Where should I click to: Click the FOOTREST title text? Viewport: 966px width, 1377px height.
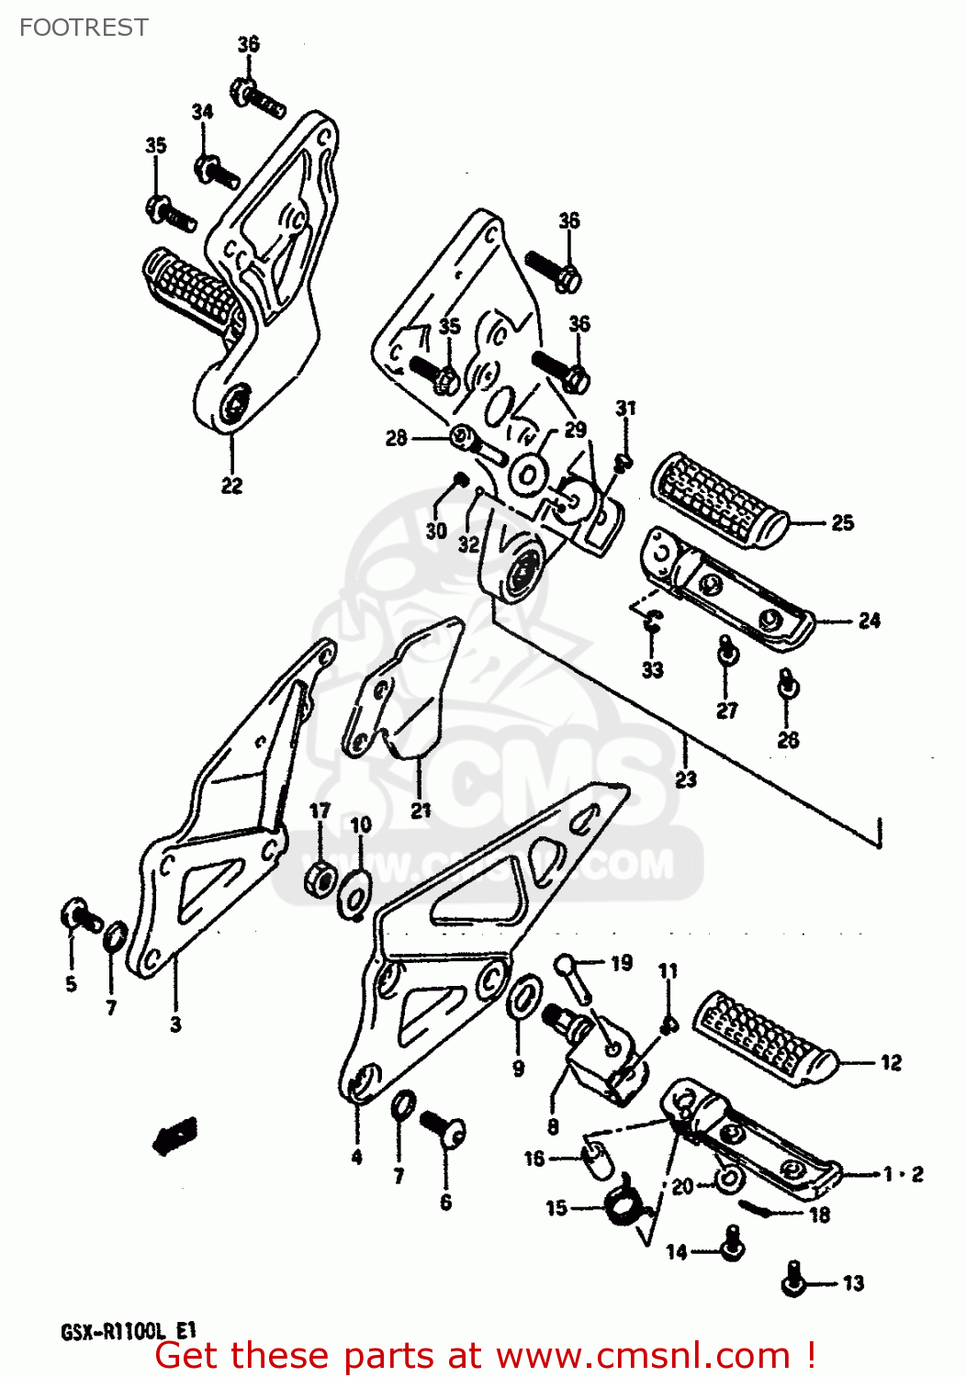click(84, 28)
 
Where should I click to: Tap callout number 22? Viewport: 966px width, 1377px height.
click(231, 485)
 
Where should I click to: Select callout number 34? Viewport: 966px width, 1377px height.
click(202, 111)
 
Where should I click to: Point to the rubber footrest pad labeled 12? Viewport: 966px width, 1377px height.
click(763, 1037)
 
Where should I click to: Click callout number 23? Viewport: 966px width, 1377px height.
click(686, 778)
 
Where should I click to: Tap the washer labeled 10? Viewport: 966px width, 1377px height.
click(356, 893)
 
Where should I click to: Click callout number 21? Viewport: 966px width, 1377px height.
click(421, 810)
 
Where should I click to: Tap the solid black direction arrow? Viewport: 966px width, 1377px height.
click(175, 1136)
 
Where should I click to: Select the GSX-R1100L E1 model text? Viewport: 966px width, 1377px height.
click(129, 1331)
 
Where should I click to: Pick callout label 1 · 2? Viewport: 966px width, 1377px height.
click(903, 1173)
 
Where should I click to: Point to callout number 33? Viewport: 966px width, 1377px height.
click(652, 669)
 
